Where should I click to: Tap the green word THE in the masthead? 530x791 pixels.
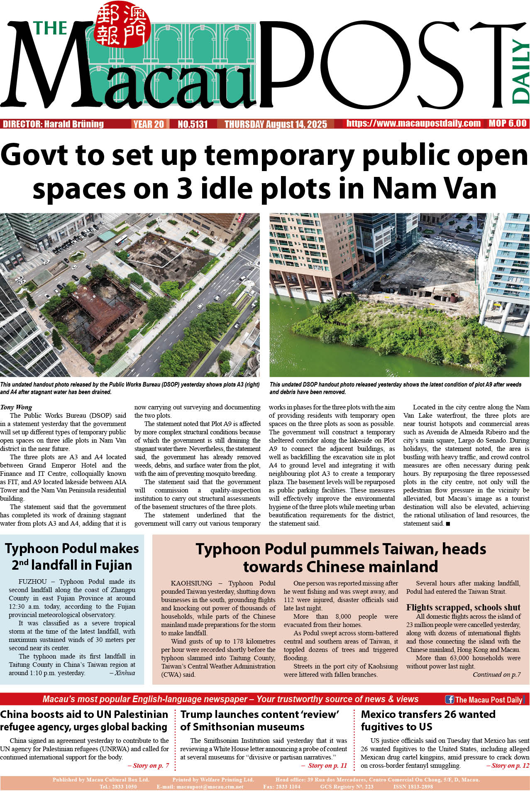(50, 28)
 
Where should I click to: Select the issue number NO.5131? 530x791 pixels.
(193, 124)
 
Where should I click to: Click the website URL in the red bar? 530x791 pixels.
(413, 123)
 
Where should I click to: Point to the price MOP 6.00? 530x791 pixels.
(507, 123)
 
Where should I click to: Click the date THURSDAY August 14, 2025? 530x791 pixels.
(276, 124)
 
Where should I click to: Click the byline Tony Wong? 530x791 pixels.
(16, 407)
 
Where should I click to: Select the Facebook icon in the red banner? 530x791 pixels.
(449, 699)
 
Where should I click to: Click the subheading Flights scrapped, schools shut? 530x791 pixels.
(463, 607)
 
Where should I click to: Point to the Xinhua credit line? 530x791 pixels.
(125, 673)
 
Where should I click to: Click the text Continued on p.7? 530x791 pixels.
(496, 675)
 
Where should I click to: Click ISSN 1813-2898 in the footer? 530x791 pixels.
(413, 787)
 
